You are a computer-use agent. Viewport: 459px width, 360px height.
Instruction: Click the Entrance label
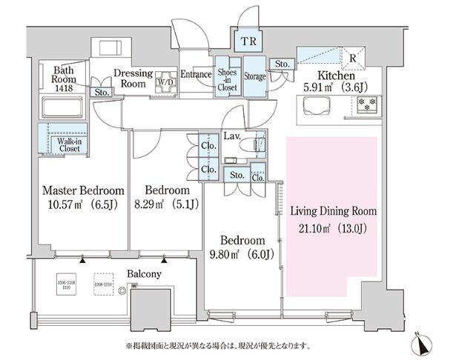coord(196,73)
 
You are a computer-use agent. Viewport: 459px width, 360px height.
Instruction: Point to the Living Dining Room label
coord(333,219)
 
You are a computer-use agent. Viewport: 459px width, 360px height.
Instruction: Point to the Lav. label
coord(232,136)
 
